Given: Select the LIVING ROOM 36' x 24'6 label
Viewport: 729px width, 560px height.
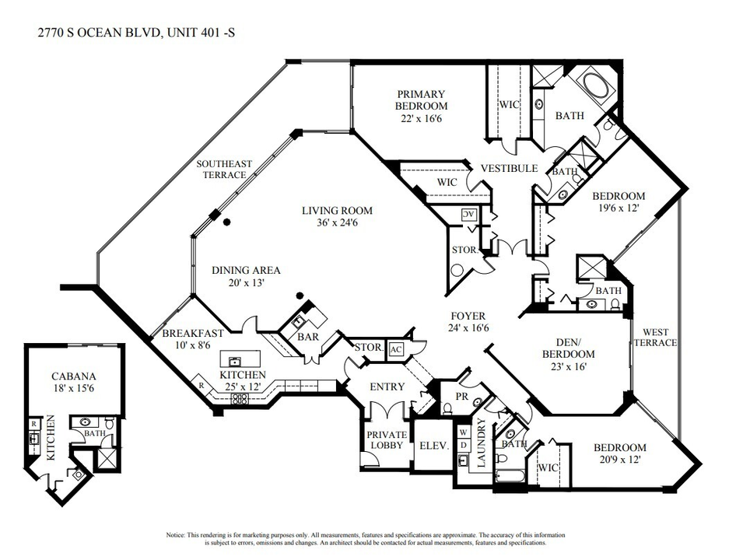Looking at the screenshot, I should (x=337, y=216).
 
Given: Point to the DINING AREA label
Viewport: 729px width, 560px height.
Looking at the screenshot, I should (x=246, y=276).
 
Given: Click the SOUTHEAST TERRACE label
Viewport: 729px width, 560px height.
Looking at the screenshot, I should (x=224, y=169).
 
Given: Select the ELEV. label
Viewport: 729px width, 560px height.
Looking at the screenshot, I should (x=430, y=446).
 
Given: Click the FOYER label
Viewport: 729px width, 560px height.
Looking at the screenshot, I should (x=468, y=322).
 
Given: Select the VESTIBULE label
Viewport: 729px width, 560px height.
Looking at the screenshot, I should (x=509, y=168).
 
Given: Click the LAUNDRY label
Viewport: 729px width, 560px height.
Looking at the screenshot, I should (x=482, y=442).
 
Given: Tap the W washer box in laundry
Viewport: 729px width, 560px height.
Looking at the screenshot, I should (x=463, y=430).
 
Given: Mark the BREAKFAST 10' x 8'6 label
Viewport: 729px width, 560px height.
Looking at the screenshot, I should (x=193, y=339).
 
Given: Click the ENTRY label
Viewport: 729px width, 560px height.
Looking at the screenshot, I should (x=387, y=387).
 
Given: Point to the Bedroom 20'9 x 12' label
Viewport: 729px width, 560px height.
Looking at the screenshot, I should (x=619, y=453).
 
